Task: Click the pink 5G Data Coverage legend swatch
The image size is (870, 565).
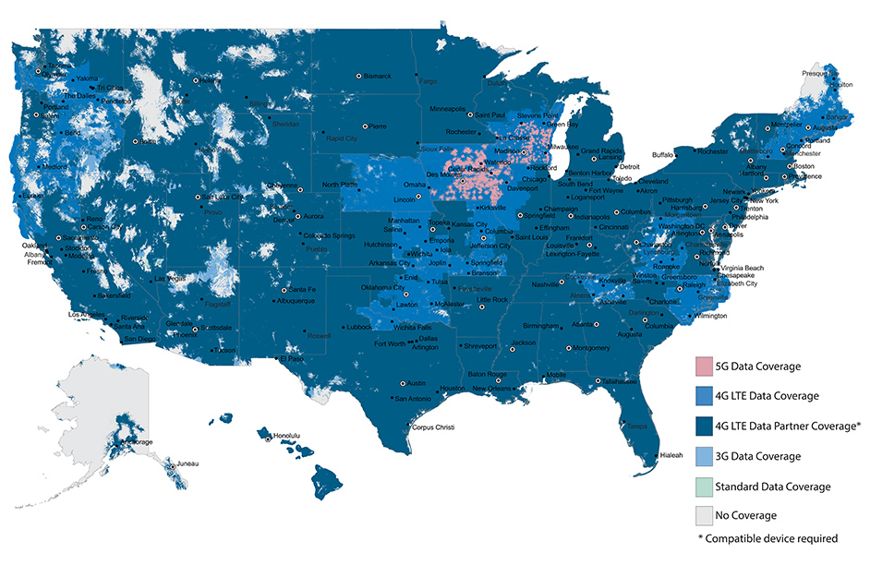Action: pos(710,366)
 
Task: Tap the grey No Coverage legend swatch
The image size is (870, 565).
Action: pos(710,515)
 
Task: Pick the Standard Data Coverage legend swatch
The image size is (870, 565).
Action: pos(710,486)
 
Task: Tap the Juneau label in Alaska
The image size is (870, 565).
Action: pos(187,463)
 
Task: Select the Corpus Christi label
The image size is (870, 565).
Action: pos(434,427)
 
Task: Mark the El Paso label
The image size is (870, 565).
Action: pos(292,358)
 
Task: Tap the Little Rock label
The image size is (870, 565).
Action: pos(491,300)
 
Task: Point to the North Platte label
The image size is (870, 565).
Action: pos(338,185)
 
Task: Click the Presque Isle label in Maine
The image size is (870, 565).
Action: pos(820,72)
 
